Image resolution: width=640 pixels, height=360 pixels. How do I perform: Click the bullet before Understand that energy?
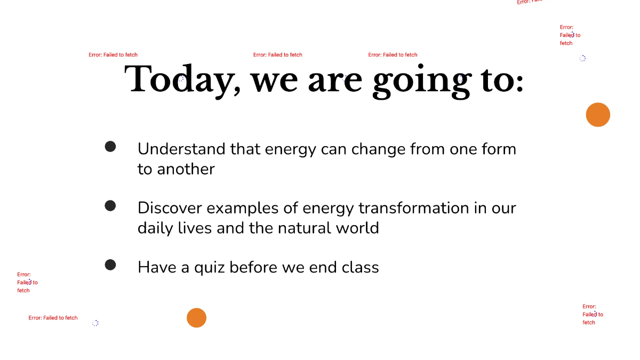pos(110,146)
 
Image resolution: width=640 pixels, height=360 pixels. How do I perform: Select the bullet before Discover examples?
pos(110,205)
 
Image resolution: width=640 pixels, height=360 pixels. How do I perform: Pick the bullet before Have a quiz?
pos(110,265)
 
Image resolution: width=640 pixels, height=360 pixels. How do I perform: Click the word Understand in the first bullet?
pos(181,149)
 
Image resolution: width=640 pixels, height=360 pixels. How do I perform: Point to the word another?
pos(185,169)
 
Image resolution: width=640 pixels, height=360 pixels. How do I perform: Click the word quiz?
pos(209,267)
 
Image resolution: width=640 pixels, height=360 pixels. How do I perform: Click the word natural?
pos(305,228)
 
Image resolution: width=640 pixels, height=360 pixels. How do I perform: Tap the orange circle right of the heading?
pos(598,115)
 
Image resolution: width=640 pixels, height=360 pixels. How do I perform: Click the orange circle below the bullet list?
pos(196,318)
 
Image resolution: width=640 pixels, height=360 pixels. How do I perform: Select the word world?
pos(357,228)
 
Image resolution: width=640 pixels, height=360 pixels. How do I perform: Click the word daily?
pos(155,228)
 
